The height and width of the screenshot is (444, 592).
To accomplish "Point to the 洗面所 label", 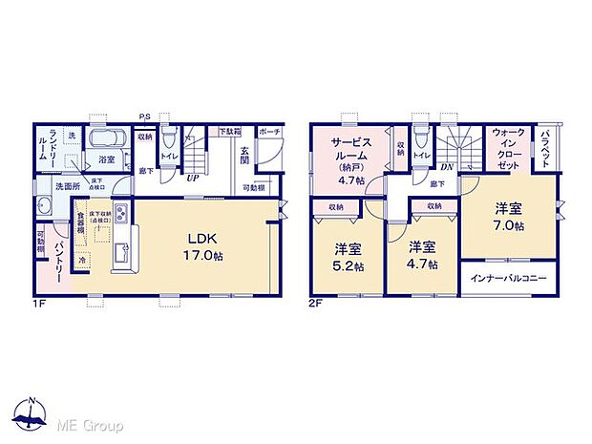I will pyautogui.click(x=65, y=186).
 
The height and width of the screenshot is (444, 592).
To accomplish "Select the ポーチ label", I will pyautogui.click(x=268, y=131).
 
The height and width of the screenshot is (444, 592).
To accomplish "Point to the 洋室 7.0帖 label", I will pyautogui.click(x=507, y=217).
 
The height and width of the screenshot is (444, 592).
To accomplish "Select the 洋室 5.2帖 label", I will pyautogui.click(x=348, y=256).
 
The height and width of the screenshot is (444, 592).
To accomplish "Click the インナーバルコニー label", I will pyautogui.click(x=507, y=279).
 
